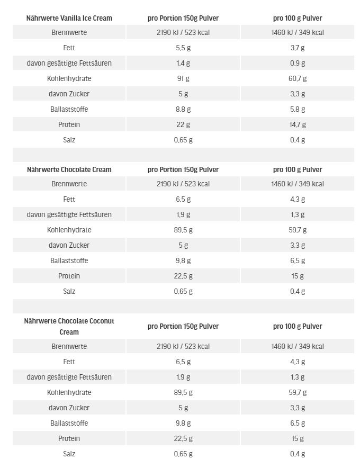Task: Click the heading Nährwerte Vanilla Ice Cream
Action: (x=69, y=18)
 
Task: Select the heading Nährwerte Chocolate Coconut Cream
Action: (x=69, y=326)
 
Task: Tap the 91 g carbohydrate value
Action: (x=183, y=78)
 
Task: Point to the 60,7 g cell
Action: (x=298, y=78)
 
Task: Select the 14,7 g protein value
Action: (x=298, y=124)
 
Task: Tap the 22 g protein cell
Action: (x=183, y=124)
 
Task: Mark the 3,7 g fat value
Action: (x=298, y=48)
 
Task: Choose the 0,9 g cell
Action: (x=298, y=63)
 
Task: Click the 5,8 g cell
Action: (x=298, y=109)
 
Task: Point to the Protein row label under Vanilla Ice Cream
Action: (x=69, y=124)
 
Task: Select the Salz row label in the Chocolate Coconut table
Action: (x=69, y=454)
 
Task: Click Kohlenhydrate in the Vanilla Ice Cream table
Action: (x=69, y=78)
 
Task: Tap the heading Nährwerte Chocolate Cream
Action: (x=69, y=169)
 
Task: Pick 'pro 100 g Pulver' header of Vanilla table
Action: (x=298, y=18)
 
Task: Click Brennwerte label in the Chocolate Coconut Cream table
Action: (x=69, y=346)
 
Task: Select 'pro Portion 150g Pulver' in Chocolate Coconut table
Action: (x=183, y=326)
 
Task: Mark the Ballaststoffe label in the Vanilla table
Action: (x=69, y=109)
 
